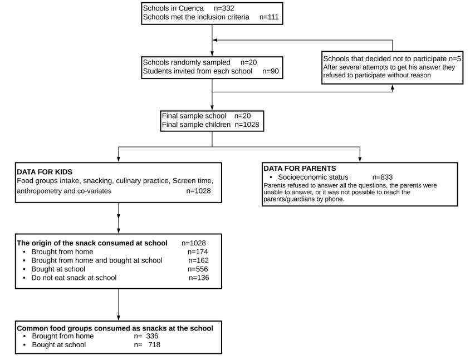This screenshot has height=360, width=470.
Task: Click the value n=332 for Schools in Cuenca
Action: point(224,8)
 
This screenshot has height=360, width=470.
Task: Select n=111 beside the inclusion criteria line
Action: point(269,17)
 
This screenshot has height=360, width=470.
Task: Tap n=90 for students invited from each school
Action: point(271,71)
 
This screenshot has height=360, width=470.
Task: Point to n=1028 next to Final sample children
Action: point(247,125)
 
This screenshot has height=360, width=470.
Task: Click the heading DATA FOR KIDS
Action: point(45,172)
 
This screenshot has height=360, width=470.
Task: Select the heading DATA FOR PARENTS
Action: point(300,169)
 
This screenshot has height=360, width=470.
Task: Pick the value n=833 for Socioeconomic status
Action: point(383,177)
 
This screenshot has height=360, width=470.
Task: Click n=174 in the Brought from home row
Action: point(198,251)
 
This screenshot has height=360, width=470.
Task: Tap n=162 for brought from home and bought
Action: point(198,260)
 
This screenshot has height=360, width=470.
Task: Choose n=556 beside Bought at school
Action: point(198,269)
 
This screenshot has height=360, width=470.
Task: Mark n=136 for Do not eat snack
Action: point(199,278)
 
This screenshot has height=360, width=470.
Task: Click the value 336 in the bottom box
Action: point(152,336)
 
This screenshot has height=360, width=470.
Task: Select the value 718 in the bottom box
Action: point(154,345)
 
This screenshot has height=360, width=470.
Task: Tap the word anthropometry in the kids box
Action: point(38,191)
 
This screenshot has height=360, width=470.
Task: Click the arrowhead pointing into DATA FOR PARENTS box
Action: point(360,159)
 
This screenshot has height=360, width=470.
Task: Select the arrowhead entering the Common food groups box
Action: point(119,318)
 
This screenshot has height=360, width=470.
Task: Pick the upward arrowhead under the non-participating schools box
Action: point(393,87)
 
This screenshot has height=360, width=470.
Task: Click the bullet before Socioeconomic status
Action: point(271,177)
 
